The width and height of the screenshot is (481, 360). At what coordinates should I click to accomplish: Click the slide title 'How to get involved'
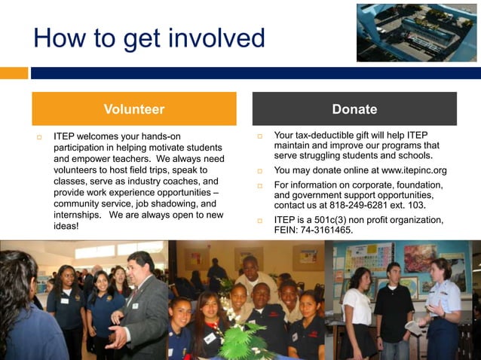pos(149,38)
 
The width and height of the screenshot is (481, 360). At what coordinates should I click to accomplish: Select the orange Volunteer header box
pos(133,109)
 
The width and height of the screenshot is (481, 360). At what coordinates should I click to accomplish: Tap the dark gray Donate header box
pos(354,109)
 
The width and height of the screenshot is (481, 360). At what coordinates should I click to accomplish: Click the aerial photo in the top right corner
pos(416,32)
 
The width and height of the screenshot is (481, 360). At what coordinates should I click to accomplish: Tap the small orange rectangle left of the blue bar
pos(14,73)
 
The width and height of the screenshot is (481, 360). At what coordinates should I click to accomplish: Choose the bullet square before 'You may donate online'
pos(259,171)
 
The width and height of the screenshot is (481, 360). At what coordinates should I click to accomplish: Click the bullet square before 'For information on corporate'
pos(259,185)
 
